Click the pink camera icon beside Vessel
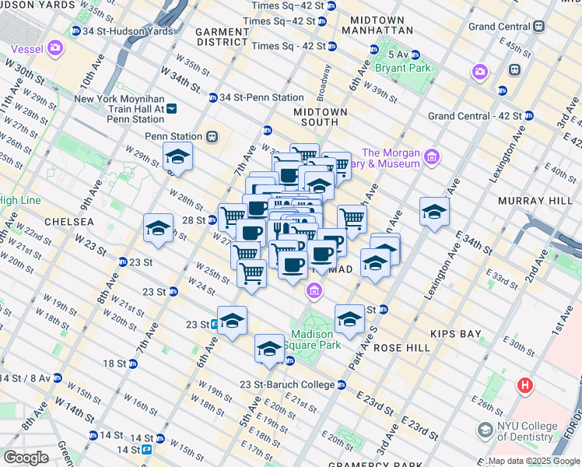pos(55,48)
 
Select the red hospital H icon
pos(527,385)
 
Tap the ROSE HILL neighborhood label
pos(402,348)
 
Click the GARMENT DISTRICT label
pos(222,36)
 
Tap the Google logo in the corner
pos(26,457)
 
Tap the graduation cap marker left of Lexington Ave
pos(434,211)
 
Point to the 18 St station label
pos(114,363)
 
